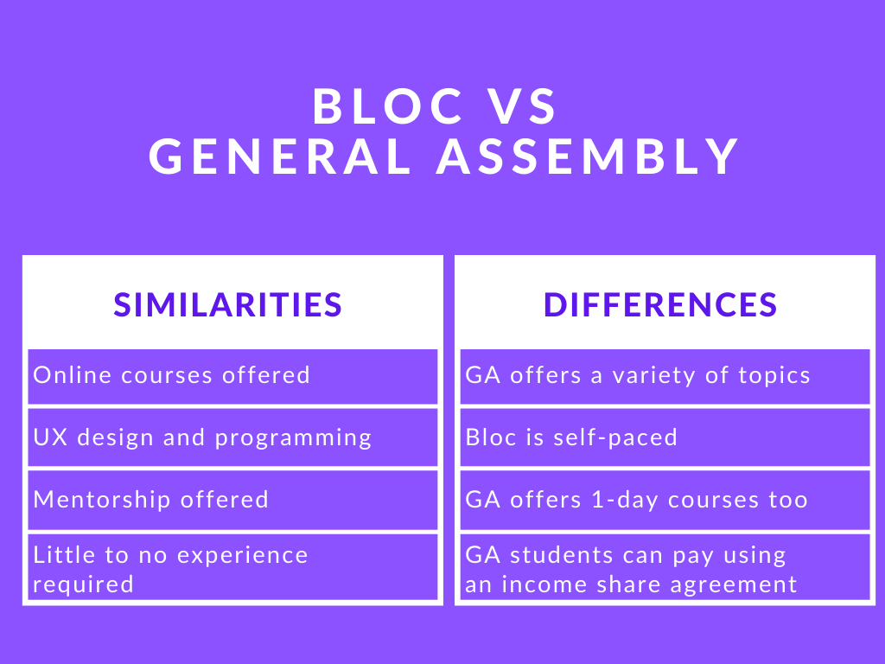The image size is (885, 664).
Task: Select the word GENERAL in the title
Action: coord(280,157)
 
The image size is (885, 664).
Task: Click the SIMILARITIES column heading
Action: coord(228,304)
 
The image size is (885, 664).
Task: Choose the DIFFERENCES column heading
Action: coord(660,304)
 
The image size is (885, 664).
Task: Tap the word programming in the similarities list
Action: coord(293,438)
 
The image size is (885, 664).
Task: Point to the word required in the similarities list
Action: coord(84,584)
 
